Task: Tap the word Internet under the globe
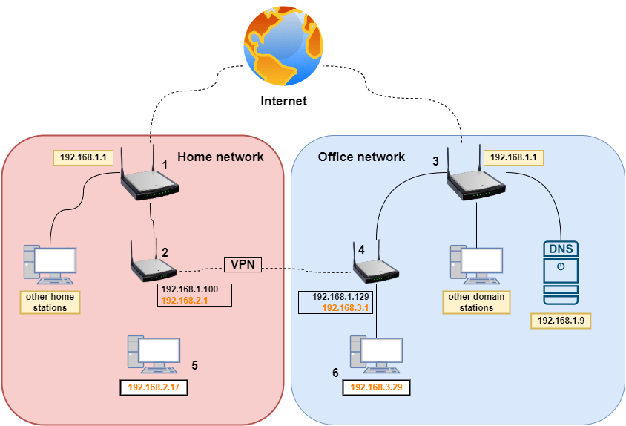283,102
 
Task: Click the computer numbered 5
154,355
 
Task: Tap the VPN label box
243,263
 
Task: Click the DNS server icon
560,272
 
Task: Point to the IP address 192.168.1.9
560,321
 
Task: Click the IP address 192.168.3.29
377,387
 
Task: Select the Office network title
361,157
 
